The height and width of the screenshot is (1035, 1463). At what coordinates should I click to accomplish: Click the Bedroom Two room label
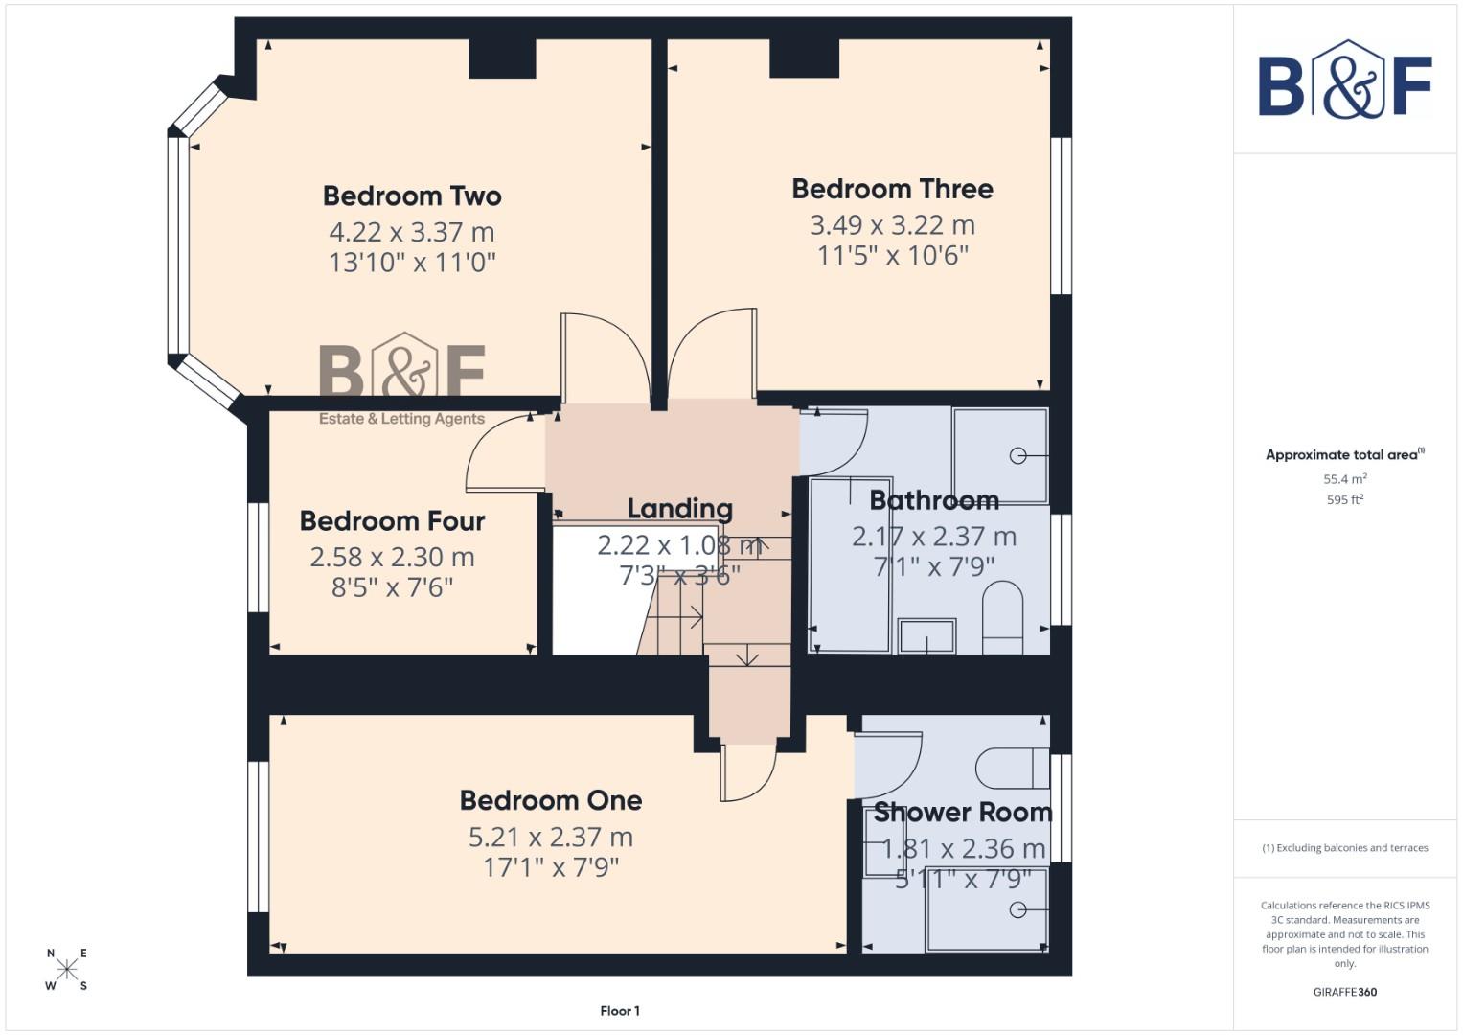(412, 195)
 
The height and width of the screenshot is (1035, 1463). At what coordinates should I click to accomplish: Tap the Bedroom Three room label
(892, 189)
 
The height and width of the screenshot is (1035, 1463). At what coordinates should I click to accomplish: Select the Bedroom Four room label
(392, 521)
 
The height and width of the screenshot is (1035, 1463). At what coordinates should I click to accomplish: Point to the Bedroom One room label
(551, 800)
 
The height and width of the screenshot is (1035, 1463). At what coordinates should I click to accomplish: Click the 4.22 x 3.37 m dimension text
(412, 232)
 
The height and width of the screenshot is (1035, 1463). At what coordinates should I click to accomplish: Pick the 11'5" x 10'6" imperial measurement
(892, 256)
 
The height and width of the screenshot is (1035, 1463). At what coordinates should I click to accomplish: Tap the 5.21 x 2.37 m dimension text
(551, 837)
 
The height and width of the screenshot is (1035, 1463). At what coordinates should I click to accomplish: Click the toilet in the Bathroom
(1002, 617)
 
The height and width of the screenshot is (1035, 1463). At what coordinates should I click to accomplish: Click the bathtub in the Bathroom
(851, 565)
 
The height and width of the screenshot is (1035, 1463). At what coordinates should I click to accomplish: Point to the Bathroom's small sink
(926, 636)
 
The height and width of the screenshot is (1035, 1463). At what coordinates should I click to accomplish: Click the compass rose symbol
(67, 969)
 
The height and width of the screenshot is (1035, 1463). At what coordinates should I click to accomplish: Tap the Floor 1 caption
(620, 1011)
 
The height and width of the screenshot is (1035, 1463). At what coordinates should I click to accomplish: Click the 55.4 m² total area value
(1344, 478)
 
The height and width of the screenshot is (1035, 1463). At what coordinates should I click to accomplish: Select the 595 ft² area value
(1344, 499)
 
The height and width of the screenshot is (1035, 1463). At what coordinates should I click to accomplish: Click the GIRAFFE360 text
(1344, 992)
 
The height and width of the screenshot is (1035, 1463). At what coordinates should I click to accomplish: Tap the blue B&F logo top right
(1344, 80)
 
